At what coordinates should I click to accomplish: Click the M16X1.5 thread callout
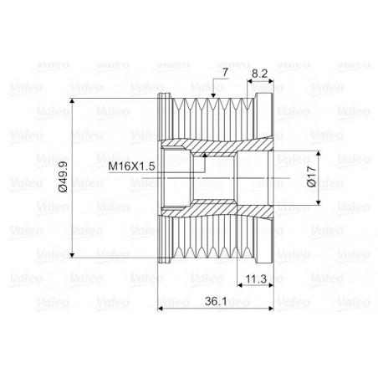(x=132, y=166)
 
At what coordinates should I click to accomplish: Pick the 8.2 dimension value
(x=259, y=74)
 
